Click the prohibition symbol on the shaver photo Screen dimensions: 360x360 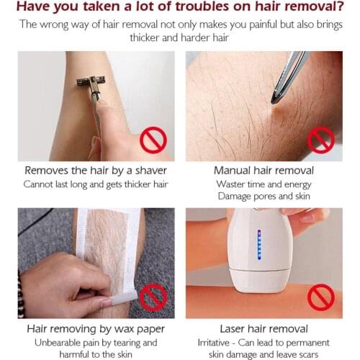[x=153, y=140]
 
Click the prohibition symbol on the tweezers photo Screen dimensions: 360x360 [x=320, y=140]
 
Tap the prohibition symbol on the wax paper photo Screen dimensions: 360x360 [x=153, y=296]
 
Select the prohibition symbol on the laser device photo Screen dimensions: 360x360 [x=320, y=296]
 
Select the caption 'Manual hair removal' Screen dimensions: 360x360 [x=264, y=171]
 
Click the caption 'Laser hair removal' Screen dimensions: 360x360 [x=264, y=328]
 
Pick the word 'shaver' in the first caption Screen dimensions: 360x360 [x=148, y=171]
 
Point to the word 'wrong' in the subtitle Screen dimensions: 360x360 [x=60, y=24]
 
